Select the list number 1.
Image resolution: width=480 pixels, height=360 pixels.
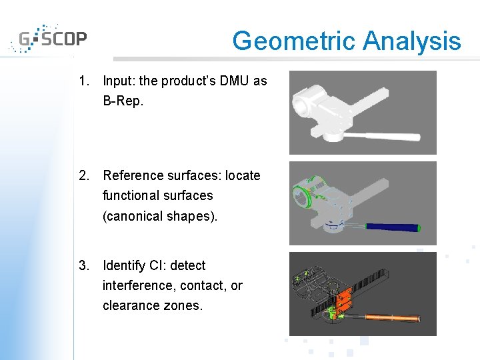tap(83, 81)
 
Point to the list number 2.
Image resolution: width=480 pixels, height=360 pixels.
tap(83, 175)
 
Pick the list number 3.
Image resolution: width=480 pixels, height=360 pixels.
tap(83, 265)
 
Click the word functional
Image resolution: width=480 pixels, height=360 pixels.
tap(134, 195)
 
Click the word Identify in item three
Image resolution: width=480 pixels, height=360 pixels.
tap(124, 265)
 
